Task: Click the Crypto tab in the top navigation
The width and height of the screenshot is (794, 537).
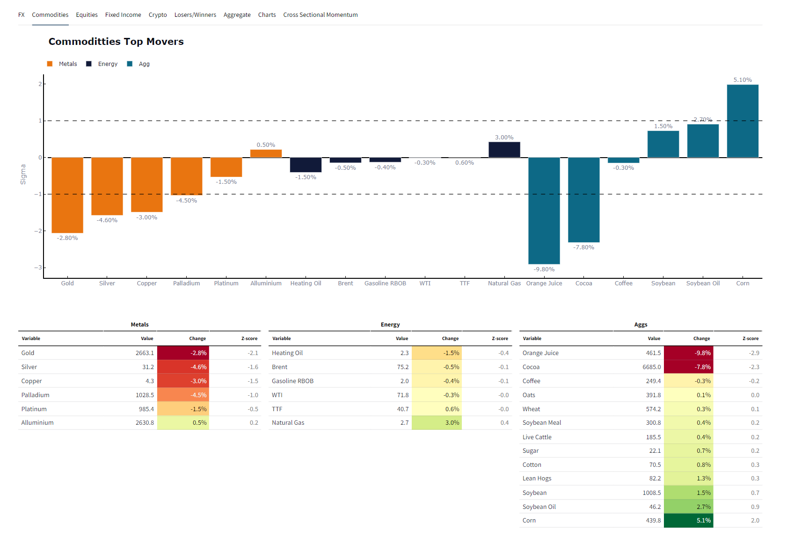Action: click(158, 15)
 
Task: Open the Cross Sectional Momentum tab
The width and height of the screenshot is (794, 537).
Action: click(320, 15)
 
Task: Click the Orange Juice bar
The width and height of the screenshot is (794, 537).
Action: click(544, 210)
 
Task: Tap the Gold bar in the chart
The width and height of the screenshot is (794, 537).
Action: click(67, 195)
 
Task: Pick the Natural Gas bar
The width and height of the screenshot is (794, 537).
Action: click(504, 150)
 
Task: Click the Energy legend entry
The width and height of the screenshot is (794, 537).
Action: click(107, 64)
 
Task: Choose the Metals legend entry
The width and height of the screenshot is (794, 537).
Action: click(67, 64)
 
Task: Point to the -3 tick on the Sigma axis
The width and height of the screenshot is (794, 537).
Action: click(38, 268)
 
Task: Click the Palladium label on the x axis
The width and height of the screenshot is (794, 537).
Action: click(186, 283)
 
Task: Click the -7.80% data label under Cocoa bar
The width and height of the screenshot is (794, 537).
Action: click(583, 247)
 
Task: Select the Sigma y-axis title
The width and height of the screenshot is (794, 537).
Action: click(23, 174)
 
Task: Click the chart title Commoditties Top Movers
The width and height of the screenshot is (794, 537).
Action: click(116, 42)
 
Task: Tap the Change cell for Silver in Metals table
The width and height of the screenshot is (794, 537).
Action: click(183, 367)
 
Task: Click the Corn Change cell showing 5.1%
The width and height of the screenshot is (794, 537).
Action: click(688, 521)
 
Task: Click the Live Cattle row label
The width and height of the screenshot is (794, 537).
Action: click(537, 437)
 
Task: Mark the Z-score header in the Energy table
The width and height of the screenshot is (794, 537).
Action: click(500, 339)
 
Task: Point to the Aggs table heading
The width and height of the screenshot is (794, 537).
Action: click(641, 325)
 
